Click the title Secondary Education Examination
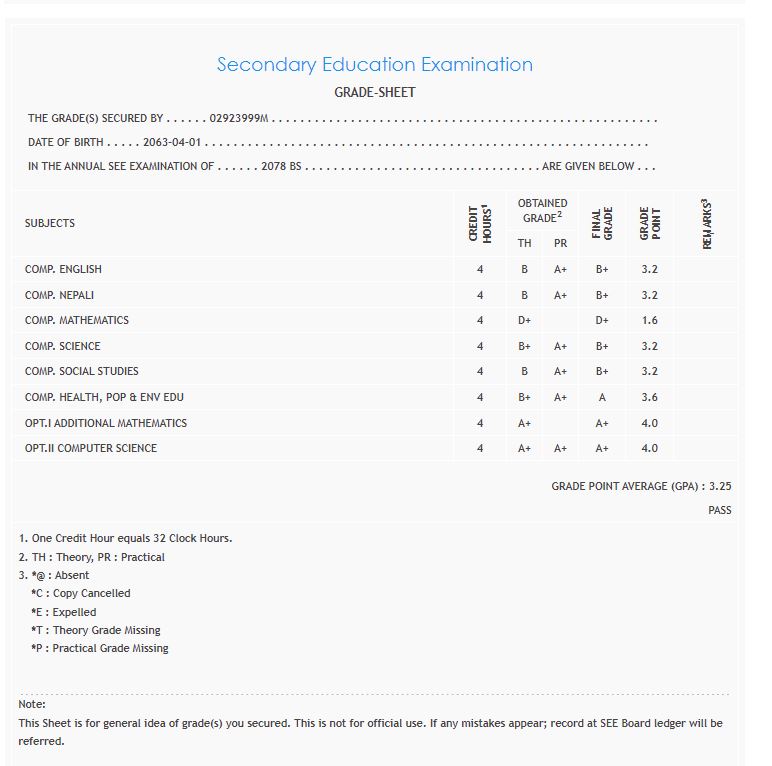(375, 65)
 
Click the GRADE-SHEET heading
(375, 93)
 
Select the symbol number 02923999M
(240, 118)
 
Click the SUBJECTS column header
(50, 223)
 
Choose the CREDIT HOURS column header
(480, 223)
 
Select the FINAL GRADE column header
(602, 223)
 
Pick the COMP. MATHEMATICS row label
(77, 321)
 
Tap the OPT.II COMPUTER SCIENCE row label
(91, 449)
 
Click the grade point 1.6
(650, 321)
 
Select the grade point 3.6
(650, 397)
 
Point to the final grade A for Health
(602, 397)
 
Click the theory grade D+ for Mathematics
(524, 321)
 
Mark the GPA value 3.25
(720, 487)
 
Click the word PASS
(719, 511)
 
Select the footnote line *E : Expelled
(64, 612)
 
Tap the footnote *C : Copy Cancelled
(81, 594)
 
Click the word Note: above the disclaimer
(32, 705)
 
